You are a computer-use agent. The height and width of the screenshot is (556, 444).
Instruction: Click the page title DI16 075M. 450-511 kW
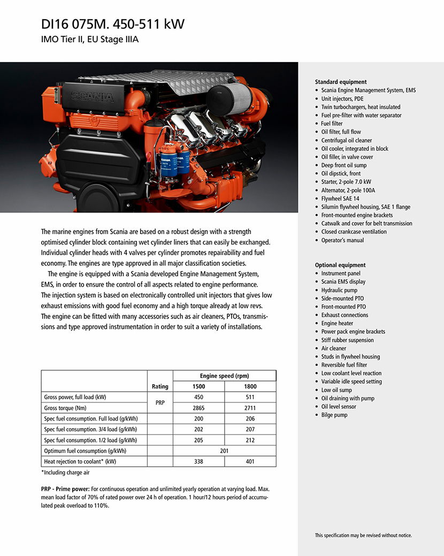(x=113, y=25)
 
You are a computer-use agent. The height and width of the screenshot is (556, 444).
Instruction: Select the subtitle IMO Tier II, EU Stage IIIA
(x=90, y=40)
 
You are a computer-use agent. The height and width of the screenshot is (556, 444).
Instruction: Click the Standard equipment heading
(x=341, y=82)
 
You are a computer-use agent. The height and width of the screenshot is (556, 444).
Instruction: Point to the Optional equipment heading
(x=340, y=265)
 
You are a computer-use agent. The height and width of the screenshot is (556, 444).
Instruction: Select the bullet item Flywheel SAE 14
(x=340, y=199)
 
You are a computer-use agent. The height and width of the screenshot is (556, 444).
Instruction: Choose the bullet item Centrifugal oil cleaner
(x=346, y=140)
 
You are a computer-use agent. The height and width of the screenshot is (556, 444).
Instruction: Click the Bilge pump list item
(x=334, y=415)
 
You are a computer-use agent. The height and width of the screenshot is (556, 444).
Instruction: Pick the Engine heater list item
(x=337, y=323)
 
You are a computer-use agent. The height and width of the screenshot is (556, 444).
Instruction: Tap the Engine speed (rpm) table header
(x=224, y=376)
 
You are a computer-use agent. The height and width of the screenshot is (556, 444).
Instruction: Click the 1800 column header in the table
(x=250, y=386)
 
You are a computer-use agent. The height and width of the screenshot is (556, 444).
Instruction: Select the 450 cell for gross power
(x=198, y=397)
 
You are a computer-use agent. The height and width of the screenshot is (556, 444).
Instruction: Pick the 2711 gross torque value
(x=250, y=408)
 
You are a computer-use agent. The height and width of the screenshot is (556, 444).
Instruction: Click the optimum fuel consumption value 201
(x=224, y=451)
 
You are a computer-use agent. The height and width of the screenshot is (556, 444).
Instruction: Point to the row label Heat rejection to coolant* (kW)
(x=80, y=461)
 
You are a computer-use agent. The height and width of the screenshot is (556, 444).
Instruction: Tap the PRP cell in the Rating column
(x=160, y=402)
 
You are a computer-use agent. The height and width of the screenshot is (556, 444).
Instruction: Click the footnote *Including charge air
(x=66, y=473)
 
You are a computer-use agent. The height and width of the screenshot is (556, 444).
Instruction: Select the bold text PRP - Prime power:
(x=65, y=489)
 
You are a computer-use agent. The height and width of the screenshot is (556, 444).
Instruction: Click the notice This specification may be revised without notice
(x=363, y=535)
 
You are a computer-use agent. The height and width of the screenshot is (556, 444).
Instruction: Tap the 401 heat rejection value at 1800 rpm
(x=250, y=461)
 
